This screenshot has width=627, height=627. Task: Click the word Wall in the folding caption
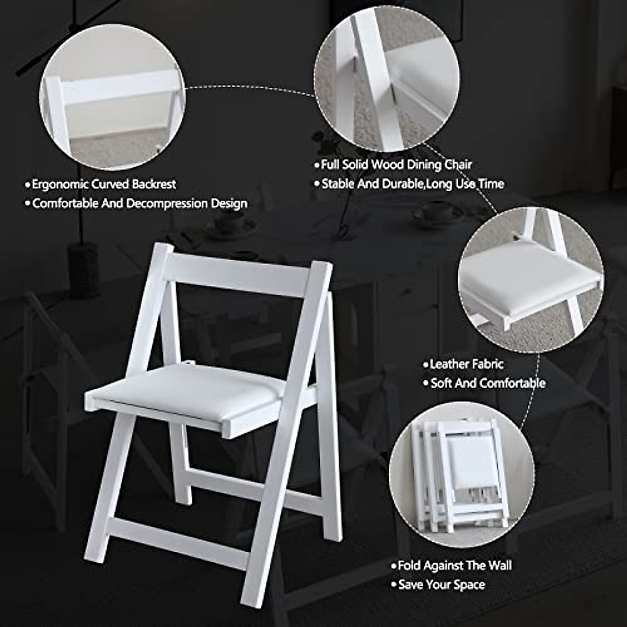pos(500,565)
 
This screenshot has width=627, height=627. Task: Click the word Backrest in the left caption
pos(154,184)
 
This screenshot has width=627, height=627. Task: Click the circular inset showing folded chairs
pos(461,474)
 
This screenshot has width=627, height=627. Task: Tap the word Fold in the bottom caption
pos(409,565)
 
